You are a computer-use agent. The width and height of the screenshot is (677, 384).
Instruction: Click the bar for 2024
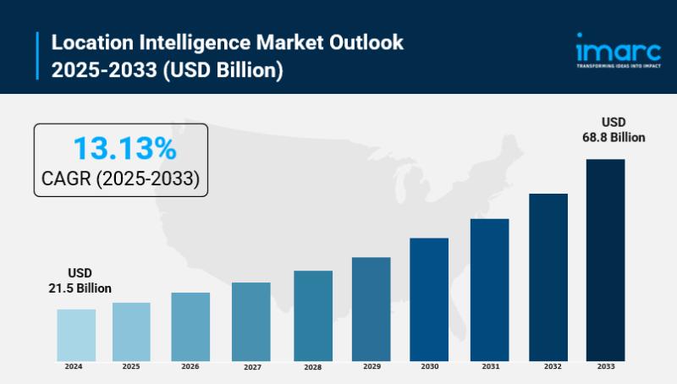tap(76, 335)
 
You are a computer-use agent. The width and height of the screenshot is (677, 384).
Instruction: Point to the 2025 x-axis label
tap(131, 366)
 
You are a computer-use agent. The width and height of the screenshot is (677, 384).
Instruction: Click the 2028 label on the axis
tap(313, 367)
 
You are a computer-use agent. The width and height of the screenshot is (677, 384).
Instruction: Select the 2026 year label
tap(190, 366)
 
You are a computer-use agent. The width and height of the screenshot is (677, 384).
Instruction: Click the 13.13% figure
tap(124, 149)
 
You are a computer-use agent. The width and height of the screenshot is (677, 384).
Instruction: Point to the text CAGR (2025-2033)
tap(120, 179)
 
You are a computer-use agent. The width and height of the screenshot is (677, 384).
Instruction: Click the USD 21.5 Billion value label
tap(80, 281)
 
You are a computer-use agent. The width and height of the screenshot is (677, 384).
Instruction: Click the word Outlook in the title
tap(366, 41)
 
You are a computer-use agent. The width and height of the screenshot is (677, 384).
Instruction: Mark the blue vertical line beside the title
tap(38, 55)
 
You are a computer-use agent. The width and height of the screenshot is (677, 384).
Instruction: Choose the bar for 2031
tap(489, 290)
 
